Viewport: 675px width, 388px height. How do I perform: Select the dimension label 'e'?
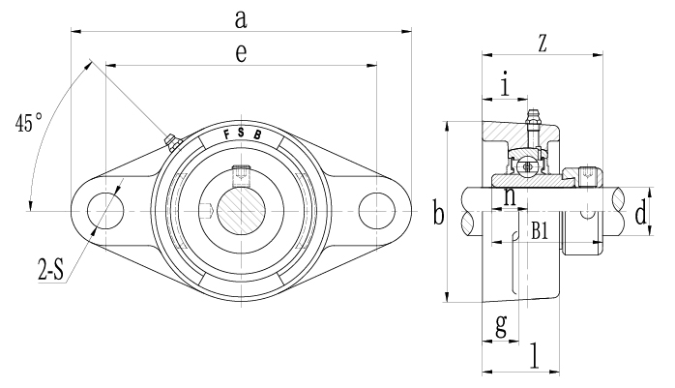pyautogui.click(x=240, y=55)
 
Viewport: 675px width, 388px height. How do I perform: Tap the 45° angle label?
pyautogui.click(x=30, y=124)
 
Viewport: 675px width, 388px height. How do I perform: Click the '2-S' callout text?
pyautogui.click(x=47, y=268)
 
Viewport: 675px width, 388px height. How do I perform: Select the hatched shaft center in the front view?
pyautogui.click(x=241, y=210)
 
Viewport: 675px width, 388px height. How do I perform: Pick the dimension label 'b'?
pyautogui.click(x=437, y=214)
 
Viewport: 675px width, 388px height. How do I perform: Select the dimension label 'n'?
pyautogui.click(x=509, y=197)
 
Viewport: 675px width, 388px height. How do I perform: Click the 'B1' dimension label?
pyautogui.click(x=540, y=230)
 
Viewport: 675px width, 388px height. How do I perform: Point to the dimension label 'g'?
pyautogui.click(x=500, y=325)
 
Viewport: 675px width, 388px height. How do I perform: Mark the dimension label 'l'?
pyautogui.click(x=534, y=355)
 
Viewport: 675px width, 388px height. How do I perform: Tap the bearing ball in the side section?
pyautogui.click(x=527, y=166)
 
